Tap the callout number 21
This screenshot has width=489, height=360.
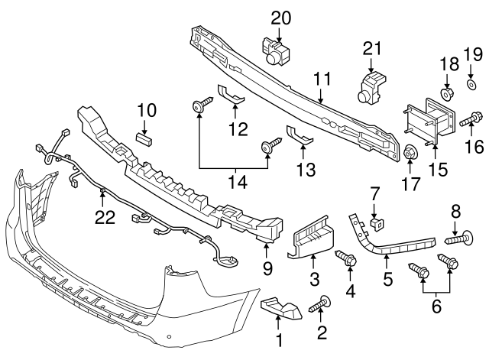[x=371, y=49]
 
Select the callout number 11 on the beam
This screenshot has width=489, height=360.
[x=321, y=77]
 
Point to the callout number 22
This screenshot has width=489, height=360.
[x=104, y=218]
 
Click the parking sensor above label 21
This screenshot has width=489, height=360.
[x=371, y=86]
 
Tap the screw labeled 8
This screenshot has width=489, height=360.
[x=456, y=239]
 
